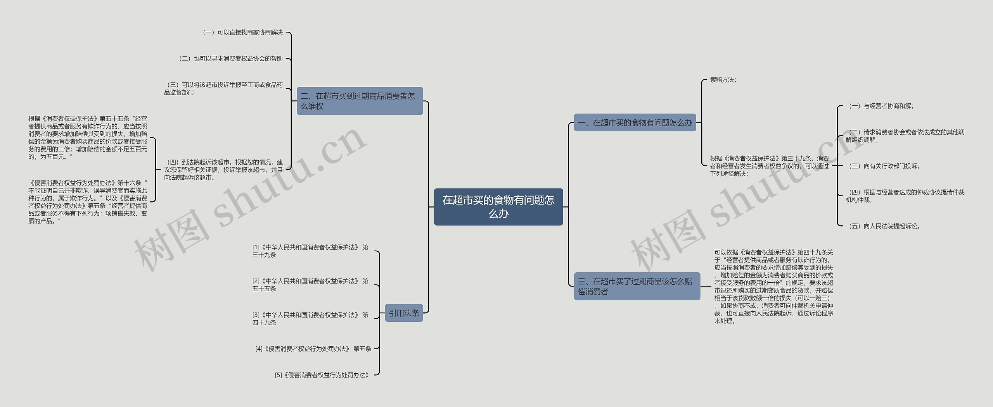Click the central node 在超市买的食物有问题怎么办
tap(498, 207)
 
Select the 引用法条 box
tap(404, 313)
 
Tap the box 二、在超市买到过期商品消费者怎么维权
tap(360, 101)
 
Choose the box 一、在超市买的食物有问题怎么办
tap(635, 123)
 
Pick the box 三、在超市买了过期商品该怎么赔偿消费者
tap(637, 286)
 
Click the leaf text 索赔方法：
tap(723, 80)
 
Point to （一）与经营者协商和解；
tap(881, 106)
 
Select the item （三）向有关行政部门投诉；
tap(883, 166)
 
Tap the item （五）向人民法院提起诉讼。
tap(884, 226)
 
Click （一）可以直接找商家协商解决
tap(242, 33)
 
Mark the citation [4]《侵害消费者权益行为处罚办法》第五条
tap(313, 349)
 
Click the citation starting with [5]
tap(322, 375)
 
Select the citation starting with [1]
tap(310, 251)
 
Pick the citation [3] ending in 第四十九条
tap(310, 319)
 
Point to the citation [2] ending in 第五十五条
tap(310, 285)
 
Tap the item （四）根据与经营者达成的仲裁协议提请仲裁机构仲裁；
tap(905, 196)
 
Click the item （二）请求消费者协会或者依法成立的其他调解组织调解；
tap(905, 136)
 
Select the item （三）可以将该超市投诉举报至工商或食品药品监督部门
tap(223, 88)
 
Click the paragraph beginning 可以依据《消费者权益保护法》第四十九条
tap(773, 286)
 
